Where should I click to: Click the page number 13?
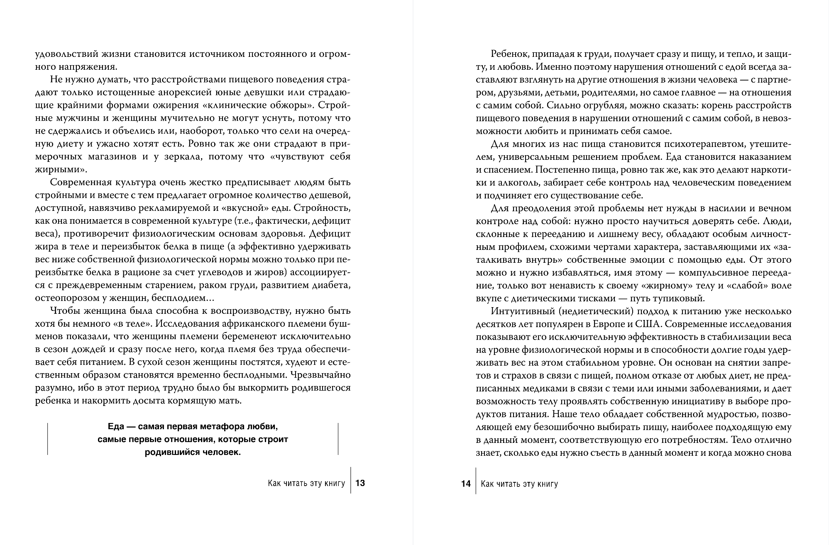click(x=360, y=483)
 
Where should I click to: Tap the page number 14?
click(x=466, y=484)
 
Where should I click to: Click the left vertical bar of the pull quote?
click(x=47, y=439)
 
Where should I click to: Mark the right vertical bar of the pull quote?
click(x=338, y=439)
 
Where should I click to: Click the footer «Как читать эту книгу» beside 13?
click(x=306, y=484)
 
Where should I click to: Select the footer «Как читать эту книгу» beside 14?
click(x=519, y=484)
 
